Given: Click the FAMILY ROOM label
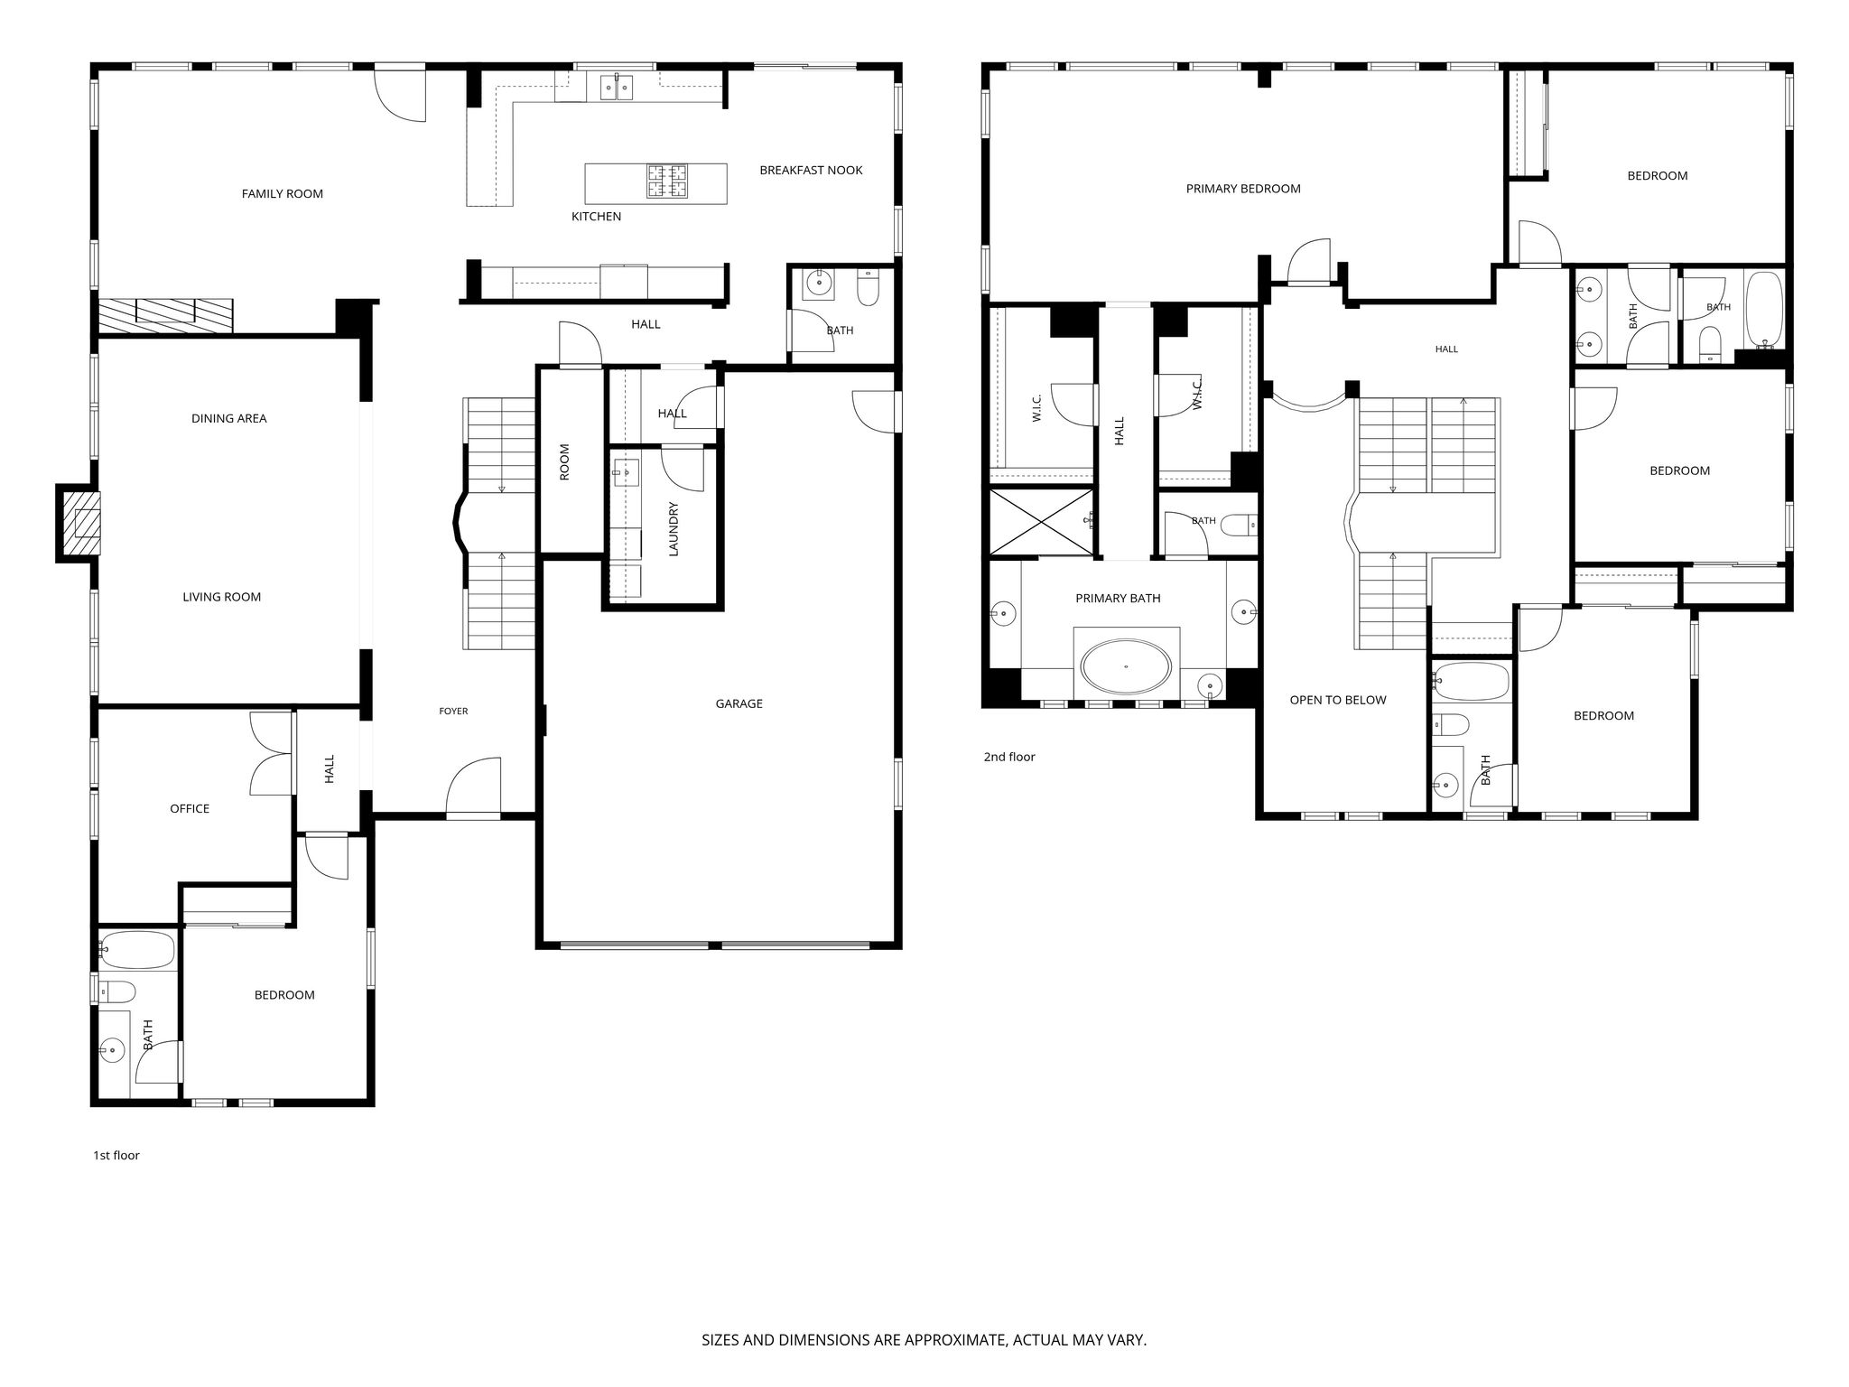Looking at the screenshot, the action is pyautogui.click(x=282, y=193).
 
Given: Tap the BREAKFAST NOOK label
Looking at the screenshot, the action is pyautogui.click(x=811, y=170).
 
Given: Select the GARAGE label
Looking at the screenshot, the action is pyautogui.click(x=739, y=703).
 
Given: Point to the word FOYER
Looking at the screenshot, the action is pyautogui.click(x=453, y=712).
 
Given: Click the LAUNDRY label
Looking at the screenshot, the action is pyautogui.click(x=673, y=528).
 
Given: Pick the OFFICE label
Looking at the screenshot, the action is pyautogui.click(x=190, y=809).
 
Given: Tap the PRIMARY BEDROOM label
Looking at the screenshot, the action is pyautogui.click(x=1243, y=189).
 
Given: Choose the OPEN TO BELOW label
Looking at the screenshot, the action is pyautogui.click(x=1337, y=700).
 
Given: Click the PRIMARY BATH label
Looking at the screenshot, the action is pyautogui.click(x=1118, y=598).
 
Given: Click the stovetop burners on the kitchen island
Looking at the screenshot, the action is pyautogui.click(x=666, y=181).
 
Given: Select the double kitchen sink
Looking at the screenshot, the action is pyautogui.click(x=617, y=88).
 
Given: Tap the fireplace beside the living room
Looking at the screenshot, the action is pyautogui.click(x=79, y=523).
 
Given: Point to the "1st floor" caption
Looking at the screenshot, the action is pyautogui.click(x=116, y=1155).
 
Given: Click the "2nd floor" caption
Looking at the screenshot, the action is pyautogui.click(x=1009, y=757).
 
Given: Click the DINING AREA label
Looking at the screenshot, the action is pyautogui.click(x=228, y=418).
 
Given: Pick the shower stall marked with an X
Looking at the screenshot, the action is pyautogui.click(x=1043, y=522).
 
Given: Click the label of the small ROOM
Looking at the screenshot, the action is pyautogui.click(x=564, y=461).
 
